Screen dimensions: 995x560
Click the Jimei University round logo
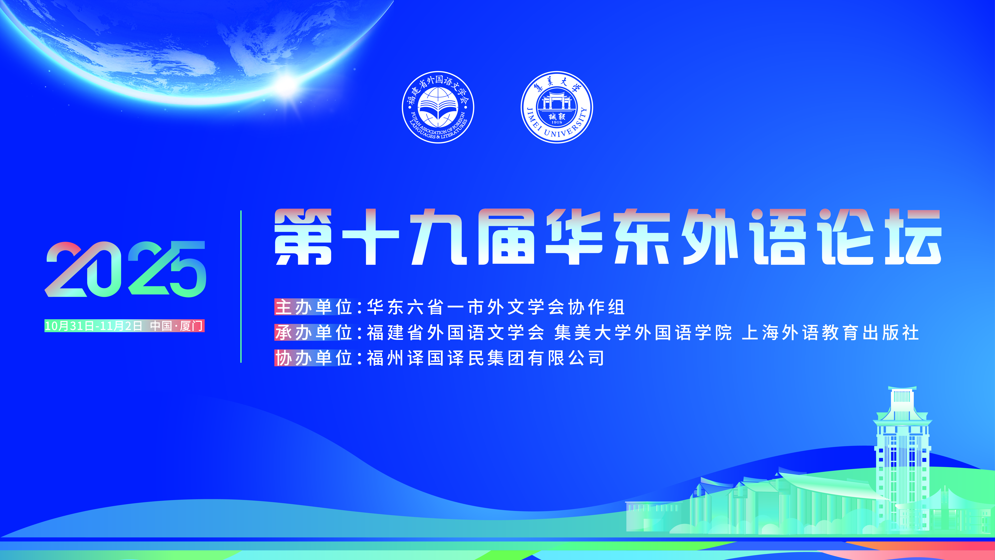tap(557, 107)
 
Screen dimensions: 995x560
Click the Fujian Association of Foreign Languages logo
tap(438, 107)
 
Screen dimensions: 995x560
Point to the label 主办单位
tap(314, 307)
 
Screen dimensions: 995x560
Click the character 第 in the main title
tap(303, 237)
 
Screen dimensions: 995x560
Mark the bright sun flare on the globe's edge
tap(287, 82)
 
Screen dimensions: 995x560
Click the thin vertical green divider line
tap(241, 286)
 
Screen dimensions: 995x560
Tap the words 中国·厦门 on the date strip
tap(177, 326)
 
